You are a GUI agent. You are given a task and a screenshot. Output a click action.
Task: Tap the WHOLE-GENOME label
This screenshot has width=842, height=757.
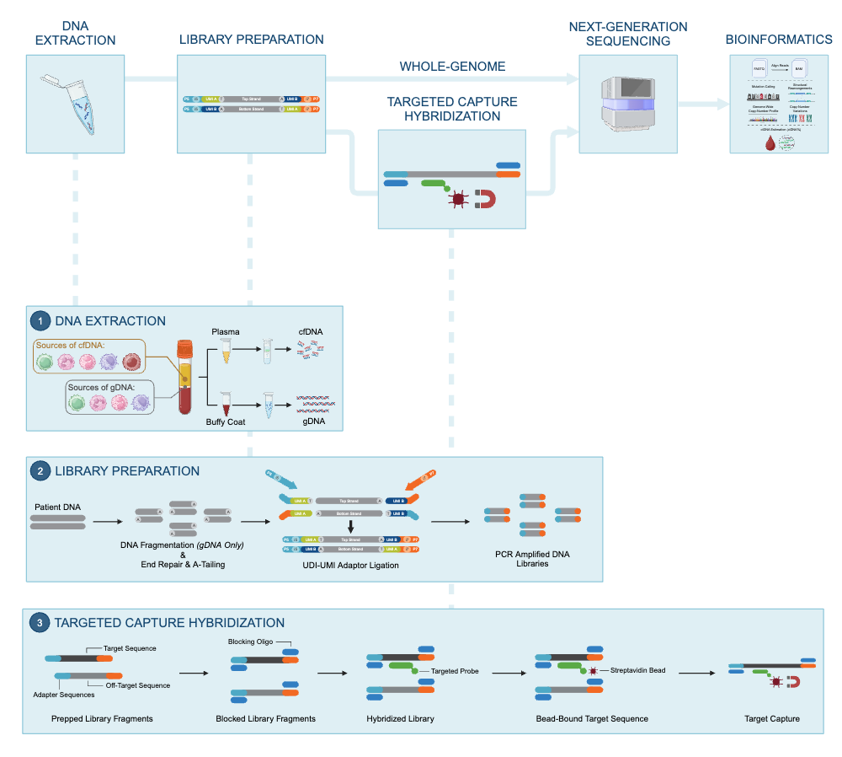coord(452,66)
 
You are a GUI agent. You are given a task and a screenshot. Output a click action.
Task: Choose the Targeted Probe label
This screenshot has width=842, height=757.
coord(456,671)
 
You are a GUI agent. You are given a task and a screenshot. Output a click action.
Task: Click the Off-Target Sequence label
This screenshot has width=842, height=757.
coord(138,685)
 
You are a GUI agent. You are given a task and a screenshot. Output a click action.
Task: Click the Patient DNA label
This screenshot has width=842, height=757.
coord(57,507)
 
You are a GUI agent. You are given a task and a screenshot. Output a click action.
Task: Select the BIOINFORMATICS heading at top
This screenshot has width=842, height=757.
coord(779,40)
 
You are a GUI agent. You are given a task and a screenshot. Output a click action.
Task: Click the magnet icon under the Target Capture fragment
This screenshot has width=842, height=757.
coord(791,681)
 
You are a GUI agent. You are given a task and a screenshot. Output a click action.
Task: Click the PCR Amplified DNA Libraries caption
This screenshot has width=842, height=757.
coord(534,558)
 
